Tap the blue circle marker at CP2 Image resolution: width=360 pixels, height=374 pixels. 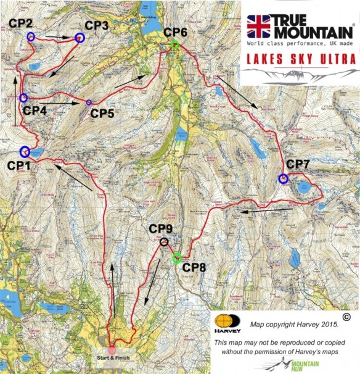(x=30, y=36)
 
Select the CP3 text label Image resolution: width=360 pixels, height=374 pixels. (x=97, y=25)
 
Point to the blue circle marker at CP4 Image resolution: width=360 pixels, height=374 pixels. (x=23, y=98)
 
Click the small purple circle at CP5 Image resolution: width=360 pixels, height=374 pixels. (x=89, y=102)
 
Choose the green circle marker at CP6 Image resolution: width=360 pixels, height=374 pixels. (x=175, y=45)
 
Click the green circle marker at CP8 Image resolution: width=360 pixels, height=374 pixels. (x=178, y=259)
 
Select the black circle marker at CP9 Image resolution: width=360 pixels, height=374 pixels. (x=163, y=242)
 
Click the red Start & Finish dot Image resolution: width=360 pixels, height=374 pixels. (x=112, y=350)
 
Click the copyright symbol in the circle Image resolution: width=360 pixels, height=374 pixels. (x=346, y=317)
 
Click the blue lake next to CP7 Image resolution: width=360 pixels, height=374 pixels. (x=305, y=187)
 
